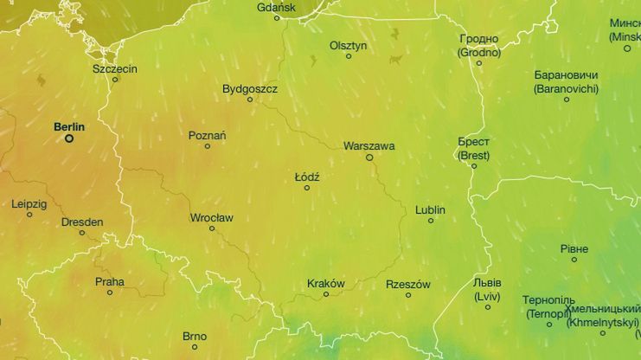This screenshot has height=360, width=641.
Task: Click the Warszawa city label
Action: [x=369, y=146]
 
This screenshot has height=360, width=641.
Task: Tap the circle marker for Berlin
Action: [x=69, y=138]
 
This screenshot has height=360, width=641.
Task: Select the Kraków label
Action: [x=325, y=284]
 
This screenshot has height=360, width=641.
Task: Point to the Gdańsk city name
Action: [x=276, y=8]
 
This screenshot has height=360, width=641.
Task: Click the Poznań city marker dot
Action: [x=207, y=146]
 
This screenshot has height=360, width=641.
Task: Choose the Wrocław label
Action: [x=211, y=218]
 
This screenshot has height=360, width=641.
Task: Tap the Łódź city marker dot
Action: [x=306, y=188]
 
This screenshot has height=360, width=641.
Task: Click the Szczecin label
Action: [x=115, y=68]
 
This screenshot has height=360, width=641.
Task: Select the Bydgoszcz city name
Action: [x=249, y=89]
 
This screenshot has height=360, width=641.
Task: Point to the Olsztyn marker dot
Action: [x=349, y=56]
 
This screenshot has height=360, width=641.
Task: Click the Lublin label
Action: [x=430, y=210]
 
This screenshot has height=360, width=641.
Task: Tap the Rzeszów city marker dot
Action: [x=408, y=295]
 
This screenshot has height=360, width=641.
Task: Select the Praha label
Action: [x=110, y=282]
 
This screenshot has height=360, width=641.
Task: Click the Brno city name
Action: [x=195, y=337]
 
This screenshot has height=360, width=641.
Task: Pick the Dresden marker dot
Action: [x=83, y=233]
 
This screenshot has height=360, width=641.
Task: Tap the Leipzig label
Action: [x=29, y=204]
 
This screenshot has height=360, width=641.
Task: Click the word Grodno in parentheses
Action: [x=479, y=52]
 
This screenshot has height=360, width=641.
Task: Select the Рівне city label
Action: [x=574, y=249]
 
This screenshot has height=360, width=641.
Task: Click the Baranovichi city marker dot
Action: [x=567, y=100]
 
